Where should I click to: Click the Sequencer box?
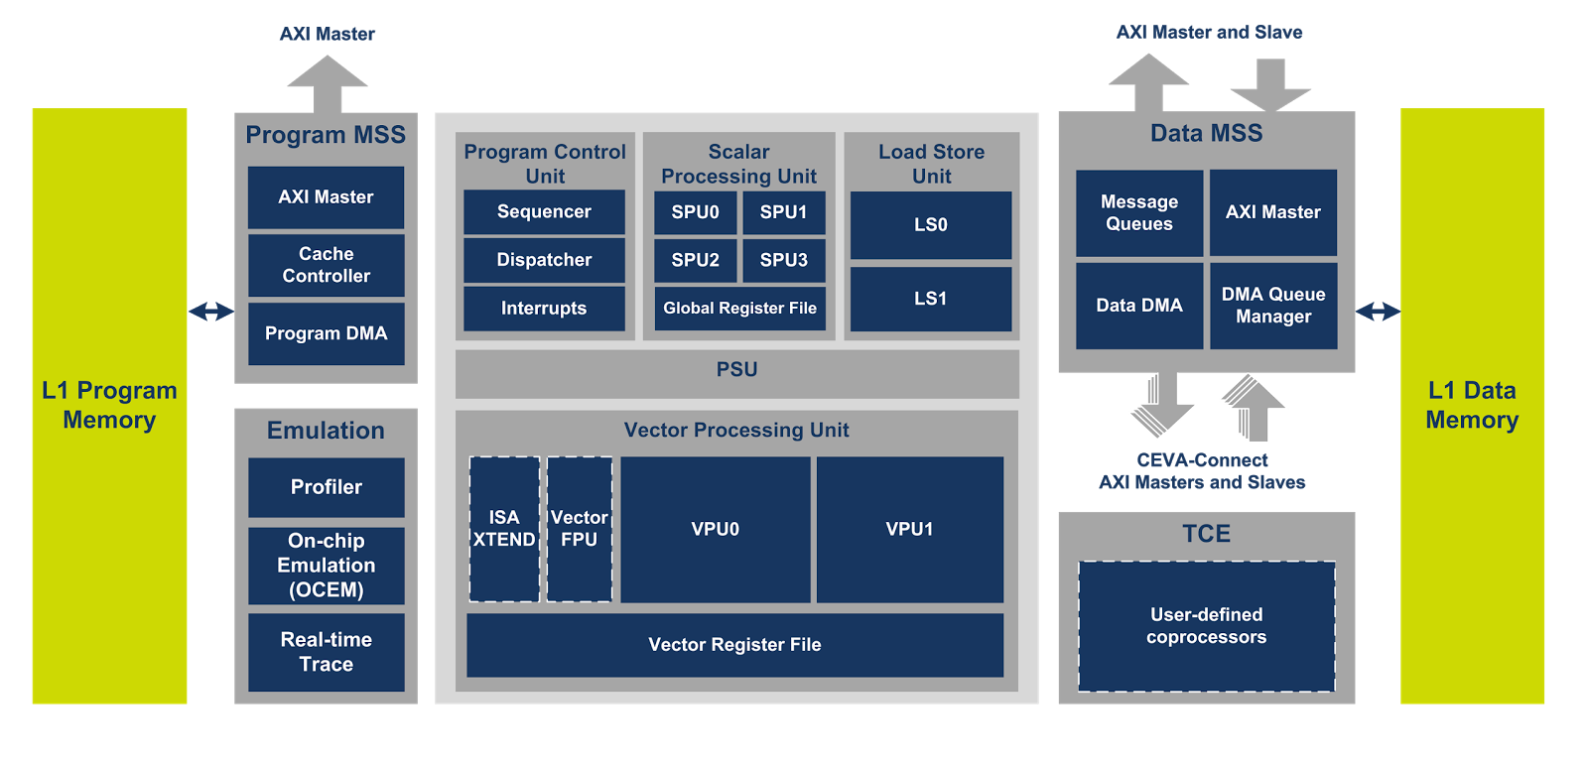[x=544, y=211]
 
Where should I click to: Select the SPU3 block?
[x=783, y=260]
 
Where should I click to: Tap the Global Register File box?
[x=739, y=308]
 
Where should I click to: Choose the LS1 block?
[x=930, y=298]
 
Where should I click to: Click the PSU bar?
[x=736, y=370]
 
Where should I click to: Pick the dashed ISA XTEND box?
[x=504, y=529]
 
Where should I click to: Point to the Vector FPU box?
[x=579, y=529]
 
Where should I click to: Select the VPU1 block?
[x=909, y=529]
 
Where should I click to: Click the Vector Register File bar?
[x=734, y=645]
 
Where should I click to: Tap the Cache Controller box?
[x=326, y=265]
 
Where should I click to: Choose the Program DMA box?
[x=326, y=333]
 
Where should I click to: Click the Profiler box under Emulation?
[x=326, y=487]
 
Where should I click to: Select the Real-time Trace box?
[x=326, y=652]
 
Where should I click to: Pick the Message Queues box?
[x=1138, y=212]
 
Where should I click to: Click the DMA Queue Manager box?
[x=1272, y=306]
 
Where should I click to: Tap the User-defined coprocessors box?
[x=1206, y=626]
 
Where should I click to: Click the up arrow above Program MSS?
[x=327, y=83]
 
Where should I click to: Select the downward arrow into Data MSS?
[x=1270, y=85]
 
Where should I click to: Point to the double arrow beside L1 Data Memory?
[x=1378, y=312]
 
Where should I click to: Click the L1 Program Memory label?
[x=109, y=405]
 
